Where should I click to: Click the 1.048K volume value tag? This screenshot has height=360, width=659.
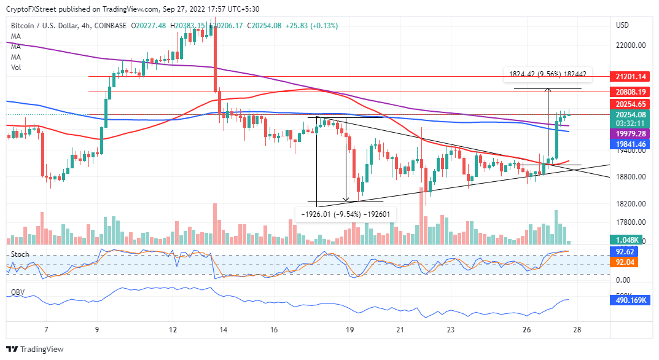tap(630, 240)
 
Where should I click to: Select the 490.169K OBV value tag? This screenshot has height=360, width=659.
tap(630, 300)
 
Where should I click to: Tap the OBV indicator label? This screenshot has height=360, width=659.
tap(18, 292)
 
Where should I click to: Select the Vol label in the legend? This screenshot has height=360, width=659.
tap(17, 68)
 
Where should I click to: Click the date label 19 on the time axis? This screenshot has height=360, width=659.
tap(349, 330)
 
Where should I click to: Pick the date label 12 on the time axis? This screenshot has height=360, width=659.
tap(173, 330)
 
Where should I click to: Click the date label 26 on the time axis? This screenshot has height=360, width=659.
tap(526, 330)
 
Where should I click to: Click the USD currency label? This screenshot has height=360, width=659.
tap(622, 25)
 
